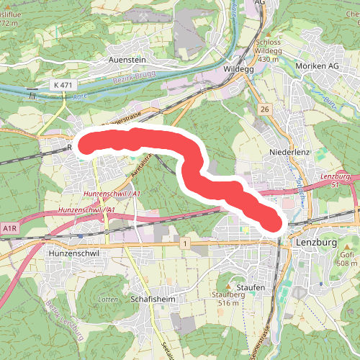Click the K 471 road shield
(62, 85)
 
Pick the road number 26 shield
(265, 109)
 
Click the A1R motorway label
(9, 228)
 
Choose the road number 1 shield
(186, 246)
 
